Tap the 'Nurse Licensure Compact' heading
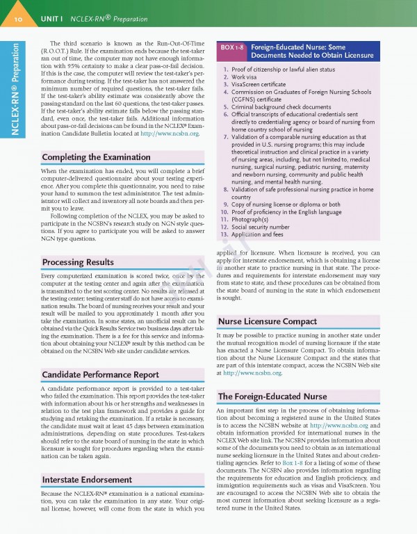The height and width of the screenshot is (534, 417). point(266,321)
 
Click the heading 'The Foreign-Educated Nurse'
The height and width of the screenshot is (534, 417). point(272,396)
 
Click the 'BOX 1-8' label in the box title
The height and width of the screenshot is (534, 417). point(232,47)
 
